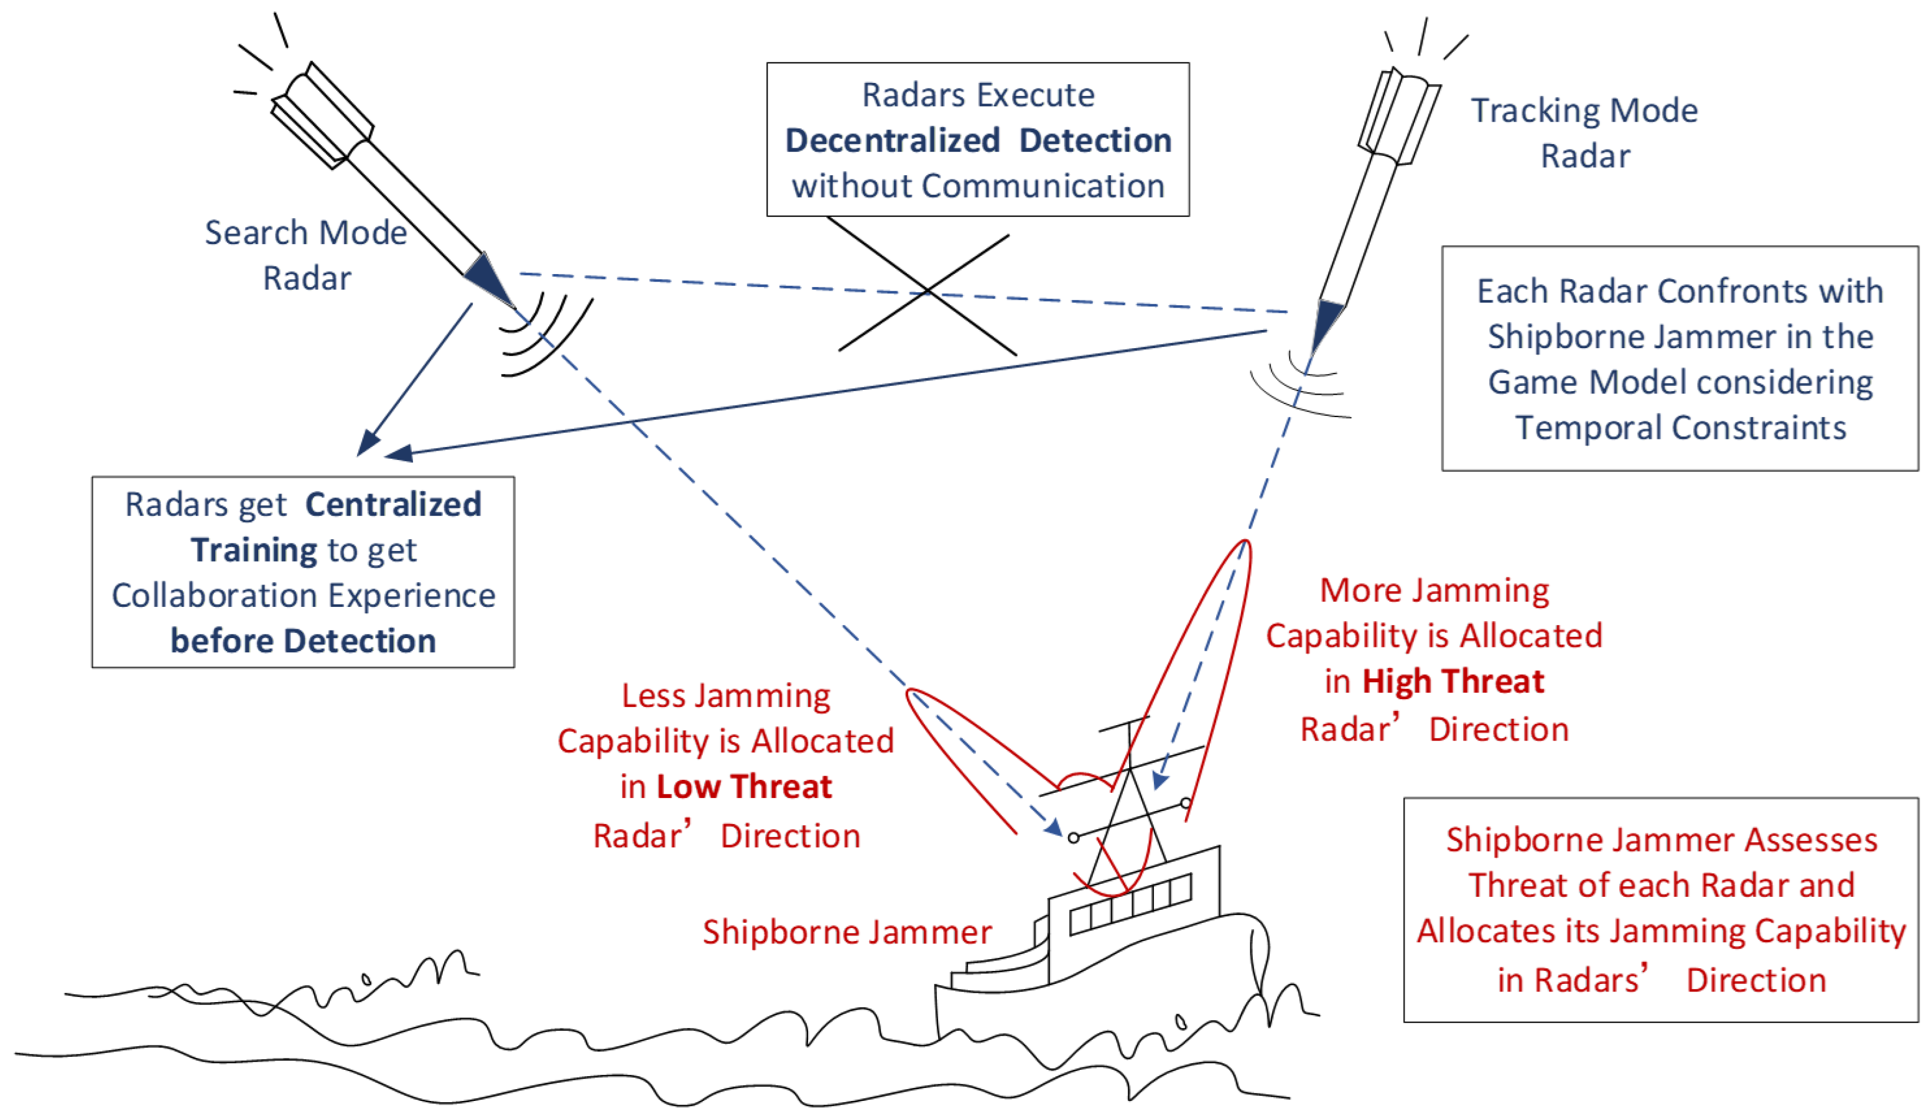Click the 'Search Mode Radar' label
[x=306, y=255]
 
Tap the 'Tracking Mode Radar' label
[x=1584, y=133]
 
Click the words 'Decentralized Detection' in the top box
[x=978, y=141]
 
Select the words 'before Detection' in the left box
[x=303, y=640]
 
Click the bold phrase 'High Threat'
[x=1453, y=681]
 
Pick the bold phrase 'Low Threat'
[x=743, y=787]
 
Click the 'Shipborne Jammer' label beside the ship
[x=847, y=932]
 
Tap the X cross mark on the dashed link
[x=927, y=291]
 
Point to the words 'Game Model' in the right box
[x=1579, y=382]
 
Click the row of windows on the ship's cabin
[x=1131, y=904]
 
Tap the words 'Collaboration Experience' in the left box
[x=303, y=595]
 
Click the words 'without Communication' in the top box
[x=978, y=186]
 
